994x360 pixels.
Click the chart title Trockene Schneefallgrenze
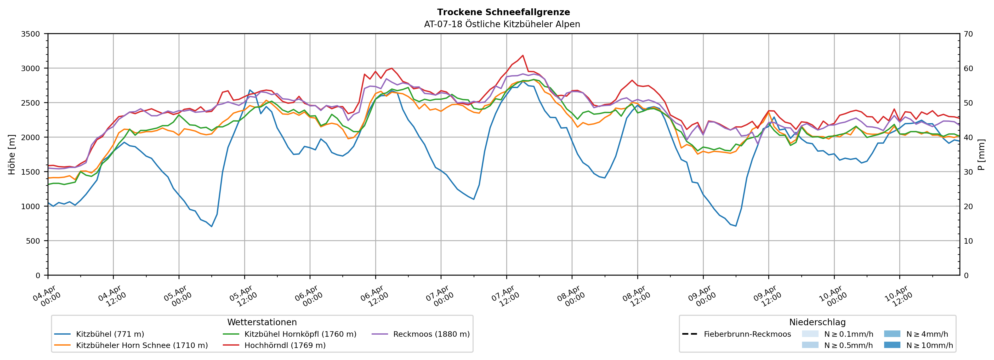tap(503, 12)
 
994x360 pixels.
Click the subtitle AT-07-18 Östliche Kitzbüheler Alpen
tap(502, 24)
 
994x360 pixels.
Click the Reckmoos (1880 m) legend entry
tap(431, 334)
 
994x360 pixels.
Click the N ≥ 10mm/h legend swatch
tap(892, 345)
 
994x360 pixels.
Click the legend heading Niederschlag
tap(817, 322)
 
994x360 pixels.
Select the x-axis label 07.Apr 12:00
tap(505, 296)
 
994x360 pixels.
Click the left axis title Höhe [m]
tap(12, 154)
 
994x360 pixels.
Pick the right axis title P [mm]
tap(981, 154)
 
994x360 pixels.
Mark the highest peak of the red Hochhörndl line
tap(522, 55)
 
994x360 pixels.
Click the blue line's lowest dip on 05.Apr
tap(212, 226)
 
